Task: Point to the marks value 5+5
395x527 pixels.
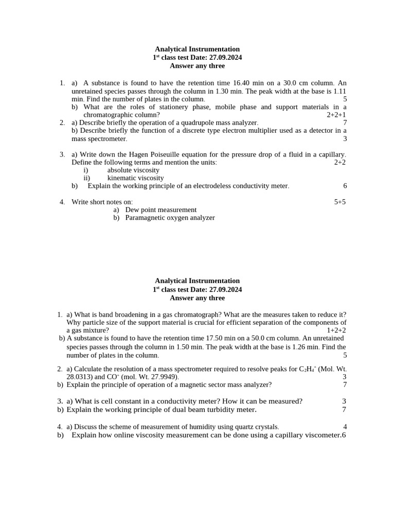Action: point(340,202)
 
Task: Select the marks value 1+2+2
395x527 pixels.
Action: point(336,330)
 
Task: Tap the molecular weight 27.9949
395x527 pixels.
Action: point(163,377)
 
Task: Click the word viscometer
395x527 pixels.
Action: point(321,435)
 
